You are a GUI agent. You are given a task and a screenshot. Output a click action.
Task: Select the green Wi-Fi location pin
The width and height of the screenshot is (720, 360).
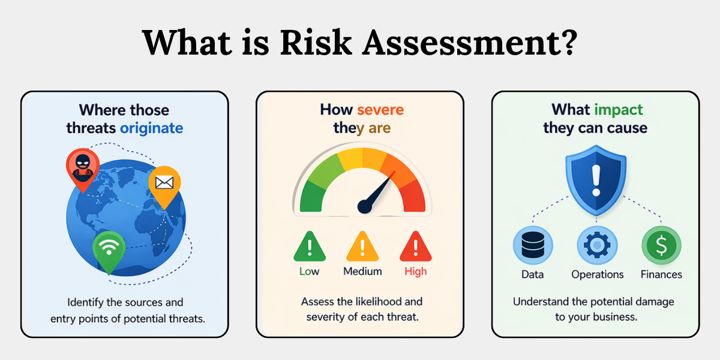coord(109,251)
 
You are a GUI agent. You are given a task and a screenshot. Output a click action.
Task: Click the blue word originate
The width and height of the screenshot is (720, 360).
coord(151,128)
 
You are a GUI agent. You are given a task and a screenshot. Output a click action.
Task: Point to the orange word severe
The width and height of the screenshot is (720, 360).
coord(380,110)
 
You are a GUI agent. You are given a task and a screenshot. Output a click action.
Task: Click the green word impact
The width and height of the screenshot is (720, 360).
coord(619,110)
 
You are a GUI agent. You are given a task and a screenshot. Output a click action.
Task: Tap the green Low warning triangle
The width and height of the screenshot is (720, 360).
coord(310,246)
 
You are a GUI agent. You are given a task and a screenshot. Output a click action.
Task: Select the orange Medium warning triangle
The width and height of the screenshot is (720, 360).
coord(362,246)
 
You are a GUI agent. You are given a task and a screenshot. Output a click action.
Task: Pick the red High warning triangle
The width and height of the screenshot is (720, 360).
coord(416,246)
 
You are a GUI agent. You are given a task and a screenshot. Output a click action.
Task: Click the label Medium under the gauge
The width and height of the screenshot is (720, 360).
coord(362,271)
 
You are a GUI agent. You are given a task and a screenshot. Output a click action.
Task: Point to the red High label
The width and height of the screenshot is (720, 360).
coord(416,271)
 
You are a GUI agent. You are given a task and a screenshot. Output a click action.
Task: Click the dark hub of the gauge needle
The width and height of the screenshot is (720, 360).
coord(365,206)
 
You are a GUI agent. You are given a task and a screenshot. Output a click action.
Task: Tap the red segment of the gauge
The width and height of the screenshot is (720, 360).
coord(413,196)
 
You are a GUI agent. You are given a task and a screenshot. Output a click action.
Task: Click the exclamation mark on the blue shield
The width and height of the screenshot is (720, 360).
coord(596,181)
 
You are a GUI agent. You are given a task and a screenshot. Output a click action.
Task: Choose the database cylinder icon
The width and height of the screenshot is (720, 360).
coord(533,245)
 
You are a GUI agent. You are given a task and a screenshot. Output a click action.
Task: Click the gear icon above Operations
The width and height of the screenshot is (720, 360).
coord(597,245)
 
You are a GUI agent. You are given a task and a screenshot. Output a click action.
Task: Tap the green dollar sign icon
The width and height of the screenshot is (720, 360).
coord(661,245)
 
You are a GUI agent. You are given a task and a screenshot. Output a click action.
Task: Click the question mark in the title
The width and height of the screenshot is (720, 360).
coord(568,42)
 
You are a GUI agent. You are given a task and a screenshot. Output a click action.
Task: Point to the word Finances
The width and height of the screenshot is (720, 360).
coord(661,275)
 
